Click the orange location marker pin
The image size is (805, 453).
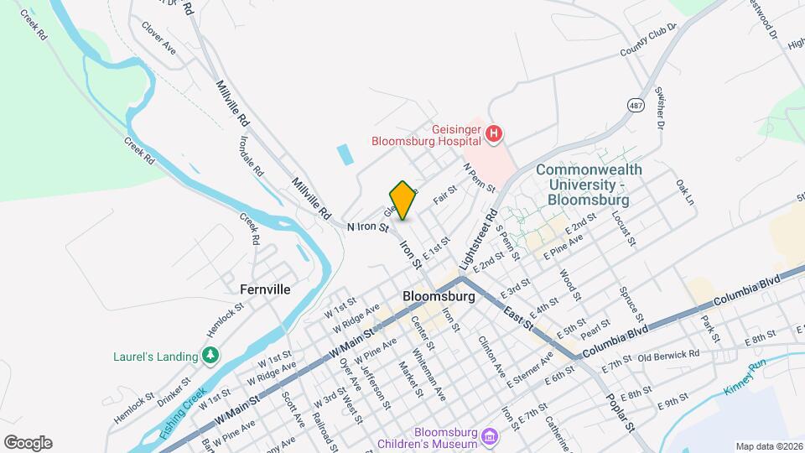tap(403, 200)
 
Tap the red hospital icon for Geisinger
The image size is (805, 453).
tap(495, 133)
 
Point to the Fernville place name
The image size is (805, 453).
tap(265, 289)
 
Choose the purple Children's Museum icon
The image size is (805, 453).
tap(491, 436)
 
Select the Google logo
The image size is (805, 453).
tap(28, 443)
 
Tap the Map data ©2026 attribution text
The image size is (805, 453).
tap(770, 446)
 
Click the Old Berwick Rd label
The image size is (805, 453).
tap(667, 357)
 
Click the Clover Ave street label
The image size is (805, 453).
tap(158, 38)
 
